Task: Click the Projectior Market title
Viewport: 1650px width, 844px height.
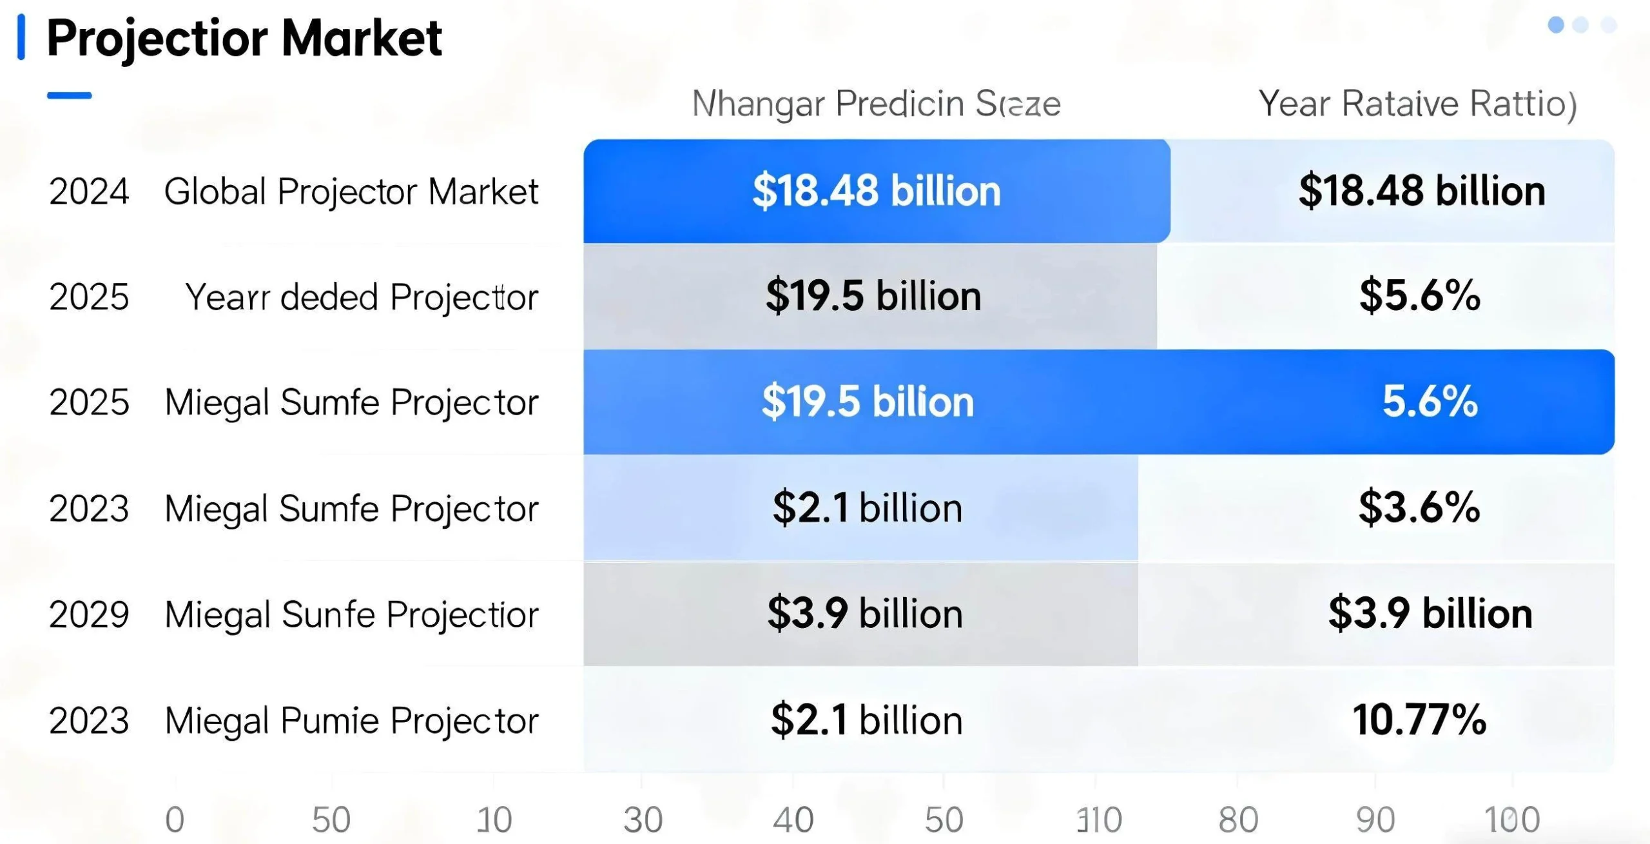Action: coord(244,39)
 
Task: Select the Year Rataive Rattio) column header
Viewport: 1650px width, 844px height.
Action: coord(1417,104)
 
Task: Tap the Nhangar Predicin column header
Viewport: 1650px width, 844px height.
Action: coord(876,104)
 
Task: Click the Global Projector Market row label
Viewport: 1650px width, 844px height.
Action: coord(351,191)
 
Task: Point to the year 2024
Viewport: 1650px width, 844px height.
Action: coord(89,191)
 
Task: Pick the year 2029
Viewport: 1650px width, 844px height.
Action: coord(89,614)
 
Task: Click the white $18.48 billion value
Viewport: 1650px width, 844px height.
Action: coord(876,191)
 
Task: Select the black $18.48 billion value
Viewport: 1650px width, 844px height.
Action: coord(1422,191)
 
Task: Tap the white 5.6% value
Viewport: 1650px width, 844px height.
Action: coord(1430,401)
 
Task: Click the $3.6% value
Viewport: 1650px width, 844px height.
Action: coord(1419,507)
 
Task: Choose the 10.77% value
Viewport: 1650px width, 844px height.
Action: coord(1419,720)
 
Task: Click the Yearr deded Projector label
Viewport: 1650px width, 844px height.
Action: coord(361,297)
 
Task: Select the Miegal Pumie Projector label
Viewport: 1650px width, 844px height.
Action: coord(351,720)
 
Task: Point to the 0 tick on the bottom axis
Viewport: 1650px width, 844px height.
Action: coord(175,819)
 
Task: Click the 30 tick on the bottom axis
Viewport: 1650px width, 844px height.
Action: coord(643,819)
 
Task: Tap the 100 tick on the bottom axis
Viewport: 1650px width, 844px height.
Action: coord(1512,819)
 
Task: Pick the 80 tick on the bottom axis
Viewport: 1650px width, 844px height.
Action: coord(1238,819)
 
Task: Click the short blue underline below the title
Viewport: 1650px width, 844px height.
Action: coord(69,95)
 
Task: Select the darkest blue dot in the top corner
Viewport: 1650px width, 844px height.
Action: coord(1556,25)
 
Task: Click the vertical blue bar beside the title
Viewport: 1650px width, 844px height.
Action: coord(21,37)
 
